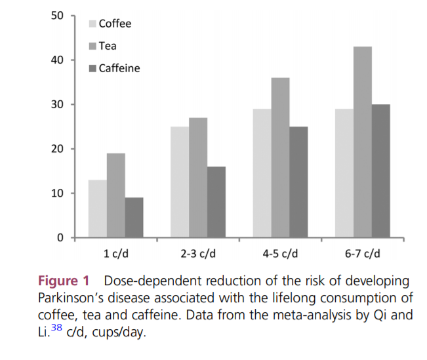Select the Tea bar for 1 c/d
click(116, 195)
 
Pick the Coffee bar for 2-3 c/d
click(180, 182)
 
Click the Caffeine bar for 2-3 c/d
click(216, 202)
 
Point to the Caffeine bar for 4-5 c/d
click(298, 182)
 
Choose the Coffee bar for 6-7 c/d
click(344, 173)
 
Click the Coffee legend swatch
click(93, 24)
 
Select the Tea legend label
click(108, 46)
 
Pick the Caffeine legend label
click(119, 68)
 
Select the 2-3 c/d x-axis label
click(198, 253)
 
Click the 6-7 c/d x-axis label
click(362, 253)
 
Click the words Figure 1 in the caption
click(66, 281)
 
